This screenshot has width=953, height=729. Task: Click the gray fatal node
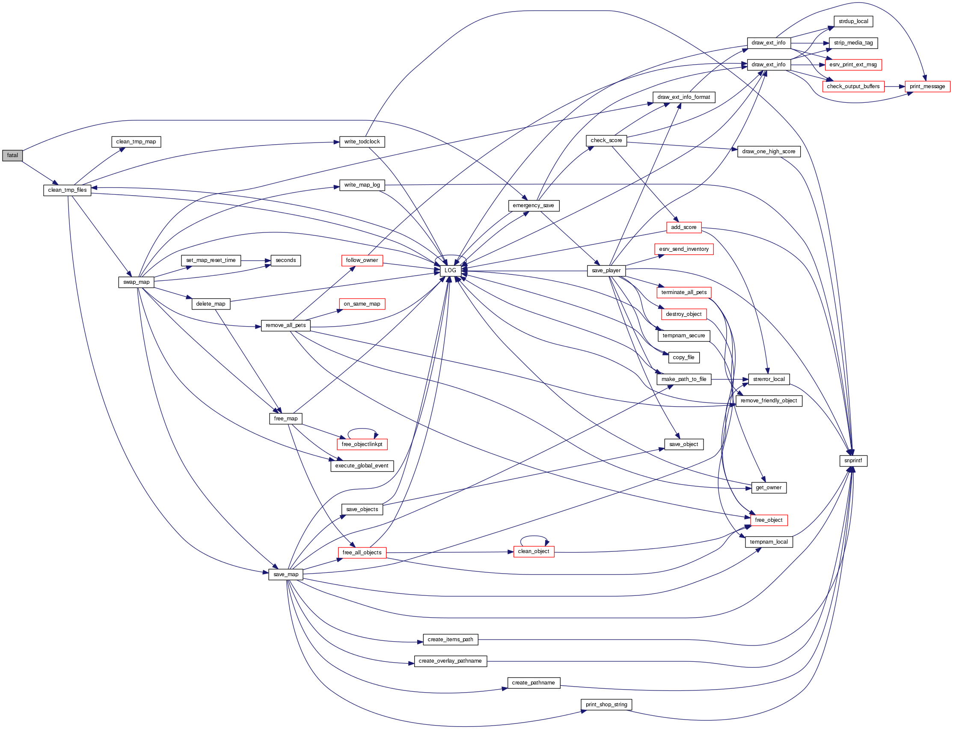[12, 155]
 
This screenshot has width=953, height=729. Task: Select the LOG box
[450, 271]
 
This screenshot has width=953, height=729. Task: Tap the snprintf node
[853, 461]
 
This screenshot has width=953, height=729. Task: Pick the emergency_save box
[534, 205]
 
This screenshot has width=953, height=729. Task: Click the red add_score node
[684, 227]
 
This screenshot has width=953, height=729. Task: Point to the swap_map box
[136, 282]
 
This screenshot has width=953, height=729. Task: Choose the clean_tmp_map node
[136, 142]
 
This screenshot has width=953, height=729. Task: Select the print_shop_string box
[606, 705]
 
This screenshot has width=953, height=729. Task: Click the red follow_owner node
[362, 260]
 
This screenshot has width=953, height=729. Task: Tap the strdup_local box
[853, 21]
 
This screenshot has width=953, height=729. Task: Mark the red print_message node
[927, 86]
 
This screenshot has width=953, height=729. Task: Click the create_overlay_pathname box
[450, 661]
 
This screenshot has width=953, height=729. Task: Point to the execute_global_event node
[362, 466]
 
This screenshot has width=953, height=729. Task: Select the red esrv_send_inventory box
[684, 249]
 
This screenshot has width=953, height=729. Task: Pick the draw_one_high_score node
[769, 152]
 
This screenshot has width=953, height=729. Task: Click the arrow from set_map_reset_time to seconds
[256, 261]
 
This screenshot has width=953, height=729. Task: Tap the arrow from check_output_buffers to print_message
[895, 87]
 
